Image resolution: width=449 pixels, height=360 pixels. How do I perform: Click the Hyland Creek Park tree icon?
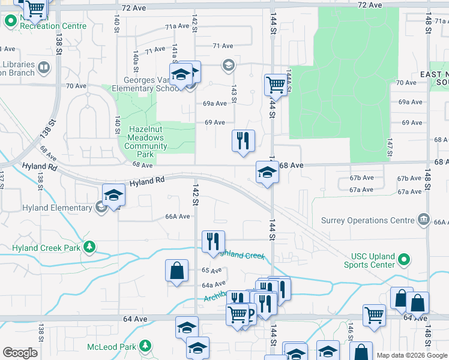click(89, 247)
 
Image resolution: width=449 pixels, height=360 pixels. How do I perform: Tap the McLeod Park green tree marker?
click(145, 346)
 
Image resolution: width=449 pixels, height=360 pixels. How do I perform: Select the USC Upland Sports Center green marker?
click(404, 260)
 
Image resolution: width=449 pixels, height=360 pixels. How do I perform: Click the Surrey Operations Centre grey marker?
click(425, 219)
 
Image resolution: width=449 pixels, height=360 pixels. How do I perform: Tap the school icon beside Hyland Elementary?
click(113, 196)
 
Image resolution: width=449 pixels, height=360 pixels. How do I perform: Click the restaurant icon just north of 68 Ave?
click(243, 141)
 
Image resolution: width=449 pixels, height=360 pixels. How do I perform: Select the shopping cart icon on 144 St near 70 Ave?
click(276, 85)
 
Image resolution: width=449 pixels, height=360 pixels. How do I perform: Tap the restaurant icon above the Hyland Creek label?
click(213, 242)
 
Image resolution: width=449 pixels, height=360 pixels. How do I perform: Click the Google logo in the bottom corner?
click(20, 353)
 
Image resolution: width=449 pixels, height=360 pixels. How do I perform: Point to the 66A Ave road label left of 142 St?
click(178, 217)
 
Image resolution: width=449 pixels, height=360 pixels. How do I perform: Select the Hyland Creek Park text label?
click(46, 247)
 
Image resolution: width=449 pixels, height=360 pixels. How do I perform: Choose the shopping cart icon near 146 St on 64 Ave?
click(374, 314)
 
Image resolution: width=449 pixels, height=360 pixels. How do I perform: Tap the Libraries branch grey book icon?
click(44, 68)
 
